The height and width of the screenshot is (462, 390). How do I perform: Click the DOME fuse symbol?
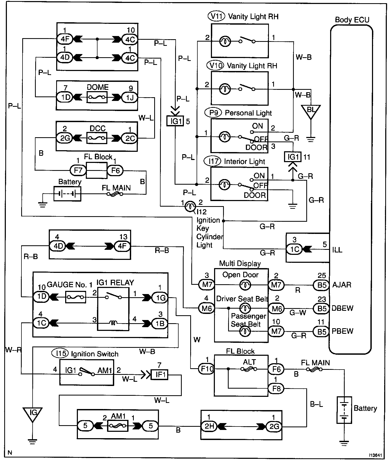97,97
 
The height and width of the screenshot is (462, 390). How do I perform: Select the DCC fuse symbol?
97,138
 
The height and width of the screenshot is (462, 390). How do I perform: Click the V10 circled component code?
216,65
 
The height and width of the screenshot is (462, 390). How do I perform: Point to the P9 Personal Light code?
213,113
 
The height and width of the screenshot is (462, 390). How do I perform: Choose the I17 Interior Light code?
212,161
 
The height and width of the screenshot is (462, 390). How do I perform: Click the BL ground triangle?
311,111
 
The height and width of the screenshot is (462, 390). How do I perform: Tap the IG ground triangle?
33,414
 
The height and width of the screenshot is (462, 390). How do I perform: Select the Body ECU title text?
352,20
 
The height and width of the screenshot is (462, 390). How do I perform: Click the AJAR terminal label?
342,285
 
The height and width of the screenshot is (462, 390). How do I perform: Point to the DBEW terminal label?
343,308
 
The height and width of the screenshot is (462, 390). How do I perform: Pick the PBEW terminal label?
343,331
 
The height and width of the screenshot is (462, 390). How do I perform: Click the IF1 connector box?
159,375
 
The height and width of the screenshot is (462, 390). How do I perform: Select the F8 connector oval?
276,389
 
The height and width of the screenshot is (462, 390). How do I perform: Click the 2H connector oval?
209,426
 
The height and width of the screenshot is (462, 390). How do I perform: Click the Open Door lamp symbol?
245,285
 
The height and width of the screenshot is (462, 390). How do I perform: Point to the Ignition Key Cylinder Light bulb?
190,206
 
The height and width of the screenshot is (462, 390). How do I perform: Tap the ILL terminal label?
337,250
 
